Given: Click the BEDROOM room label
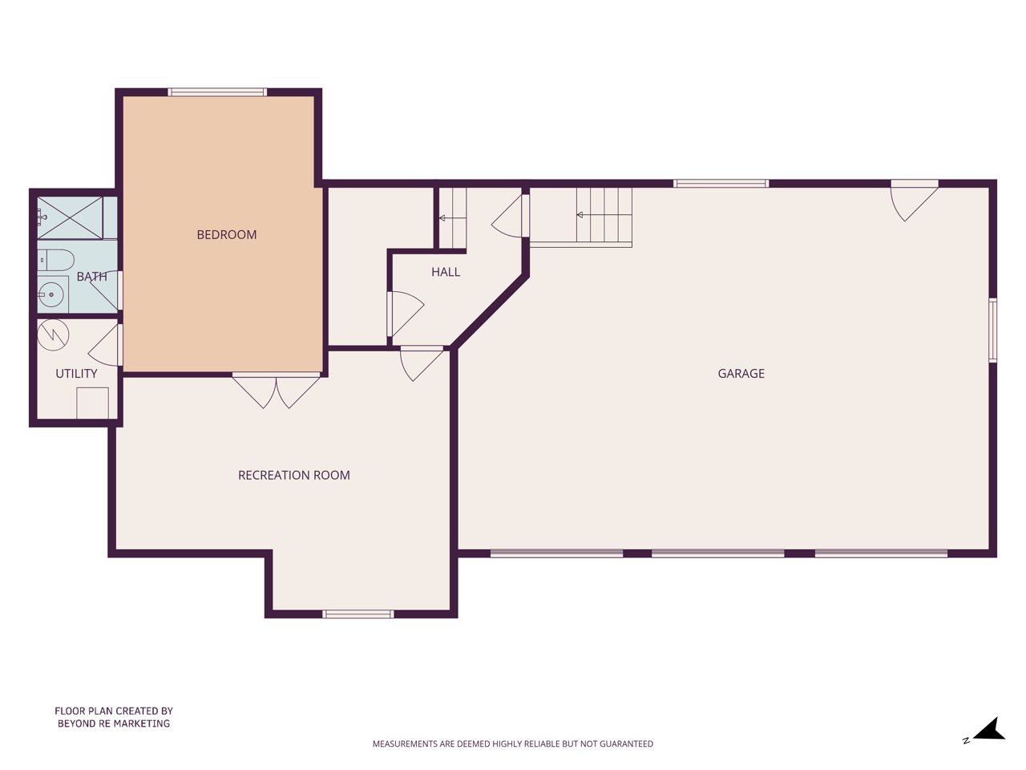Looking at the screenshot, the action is (227, 235).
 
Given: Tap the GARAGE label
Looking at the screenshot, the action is (741, 374).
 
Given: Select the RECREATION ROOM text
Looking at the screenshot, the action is (294, 476).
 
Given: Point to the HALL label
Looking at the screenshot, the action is (446, 272).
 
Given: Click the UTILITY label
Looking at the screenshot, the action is (76, 374).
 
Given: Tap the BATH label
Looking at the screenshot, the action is (91, 277).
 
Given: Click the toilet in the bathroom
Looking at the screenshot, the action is (55, 261).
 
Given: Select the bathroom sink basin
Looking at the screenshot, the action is (51, 294).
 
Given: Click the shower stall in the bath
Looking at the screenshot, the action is (70, 218).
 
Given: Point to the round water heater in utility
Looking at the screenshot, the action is (53, 334).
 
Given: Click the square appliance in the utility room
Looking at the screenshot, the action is (92, 403).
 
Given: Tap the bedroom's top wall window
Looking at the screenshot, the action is (217, 92).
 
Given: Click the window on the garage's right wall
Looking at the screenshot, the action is (993, 330).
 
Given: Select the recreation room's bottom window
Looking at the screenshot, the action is (358, 614).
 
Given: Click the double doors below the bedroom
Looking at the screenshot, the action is (277, 391).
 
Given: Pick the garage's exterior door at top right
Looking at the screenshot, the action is (915, 201).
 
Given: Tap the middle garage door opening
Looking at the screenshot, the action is (717, 553).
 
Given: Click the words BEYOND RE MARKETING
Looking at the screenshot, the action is (114, 723).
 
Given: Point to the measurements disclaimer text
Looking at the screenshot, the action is (513, 744).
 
